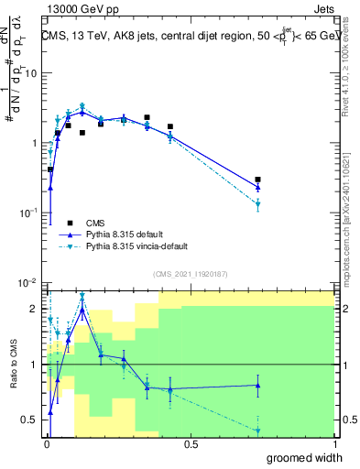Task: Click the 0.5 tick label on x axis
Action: point(191,444)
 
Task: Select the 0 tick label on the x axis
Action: point(46,444)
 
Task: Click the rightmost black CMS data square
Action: point(258,180)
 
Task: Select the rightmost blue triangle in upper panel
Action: point(258,187)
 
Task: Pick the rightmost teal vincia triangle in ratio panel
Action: point(258,431)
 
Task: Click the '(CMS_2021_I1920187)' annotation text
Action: point(191,273)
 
